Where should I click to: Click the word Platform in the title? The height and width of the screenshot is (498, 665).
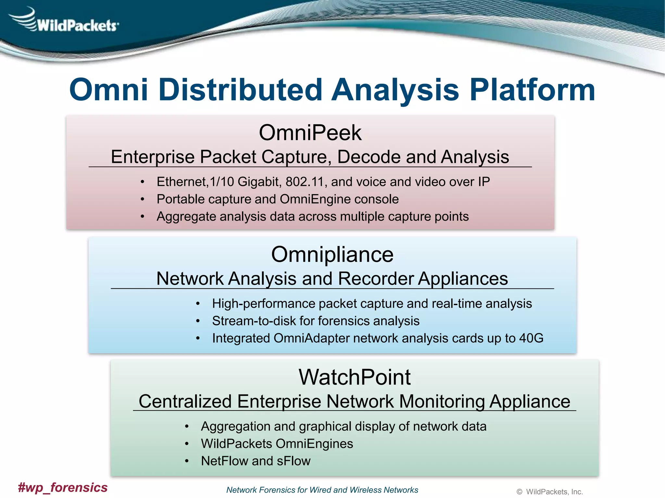click(533, 90)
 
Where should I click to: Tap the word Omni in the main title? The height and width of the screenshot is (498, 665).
click(108, 90)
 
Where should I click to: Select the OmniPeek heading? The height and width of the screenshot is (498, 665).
click(310, 133)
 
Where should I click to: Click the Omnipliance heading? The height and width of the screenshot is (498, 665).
click(332, 255)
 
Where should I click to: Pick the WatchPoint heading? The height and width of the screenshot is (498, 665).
click(355, 377)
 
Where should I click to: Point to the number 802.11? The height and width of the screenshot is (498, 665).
click(305, 182)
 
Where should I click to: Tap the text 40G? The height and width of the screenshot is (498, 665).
click(531, 338)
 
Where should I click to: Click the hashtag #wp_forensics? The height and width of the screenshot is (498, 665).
click(63, 487)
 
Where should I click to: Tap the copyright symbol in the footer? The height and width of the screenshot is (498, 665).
click(520, 492)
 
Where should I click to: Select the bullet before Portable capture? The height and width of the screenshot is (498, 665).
click(142, 199)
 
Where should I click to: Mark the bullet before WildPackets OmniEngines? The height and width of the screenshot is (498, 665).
click(187, 444)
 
